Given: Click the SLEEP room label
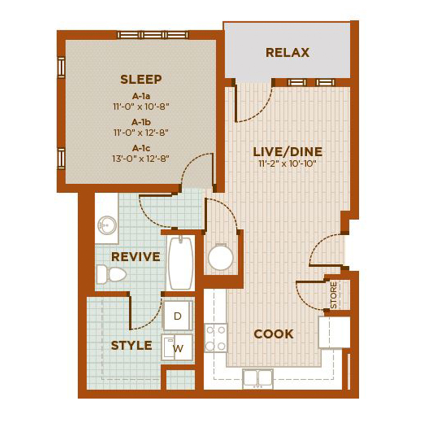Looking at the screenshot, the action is (x=141, y=79).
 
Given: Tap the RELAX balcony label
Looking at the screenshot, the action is (x=288, y=52).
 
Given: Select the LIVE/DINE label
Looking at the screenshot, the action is (x=288, y=152).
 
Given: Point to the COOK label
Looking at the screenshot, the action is (x=274, y=334).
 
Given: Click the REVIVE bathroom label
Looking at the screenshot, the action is (x=136, y=257).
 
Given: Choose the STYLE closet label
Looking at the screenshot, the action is (x=131, y=345).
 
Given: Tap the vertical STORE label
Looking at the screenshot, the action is (x=333, y=295).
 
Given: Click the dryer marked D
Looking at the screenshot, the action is (x=178, y=316).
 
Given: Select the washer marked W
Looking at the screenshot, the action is (x=177, y=348).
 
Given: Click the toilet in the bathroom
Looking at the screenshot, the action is (x=111, y=275).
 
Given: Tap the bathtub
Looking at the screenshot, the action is (x=181, y=263).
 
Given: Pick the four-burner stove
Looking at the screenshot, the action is (x=216, y=338).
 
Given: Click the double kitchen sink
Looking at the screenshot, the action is (x=258, y=378).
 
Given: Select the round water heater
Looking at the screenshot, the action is (x=221, y=257).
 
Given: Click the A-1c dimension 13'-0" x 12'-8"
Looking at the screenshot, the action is (x=141, y=159).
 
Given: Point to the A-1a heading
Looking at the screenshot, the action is (x=141, y=96).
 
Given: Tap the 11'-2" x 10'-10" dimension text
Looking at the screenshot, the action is (x=288, y=164).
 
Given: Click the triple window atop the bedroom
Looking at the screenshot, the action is (x=153, y=35).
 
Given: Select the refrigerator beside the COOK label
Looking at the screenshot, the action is (x=334, y=333).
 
